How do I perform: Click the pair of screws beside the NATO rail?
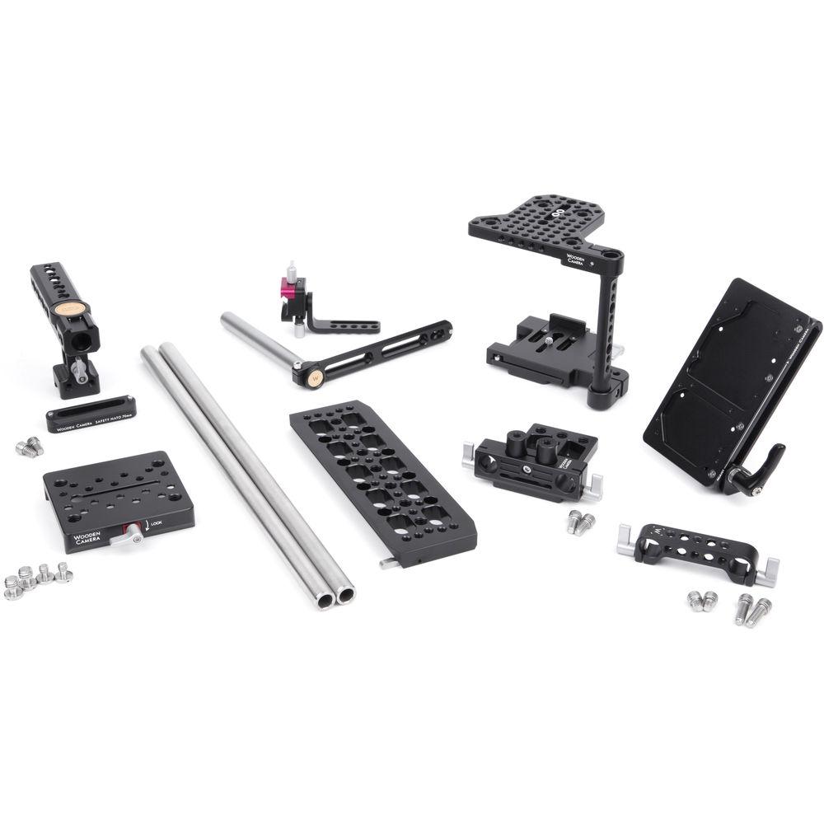[x=29, y=447]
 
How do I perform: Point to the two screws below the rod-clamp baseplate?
[x=580, y=522]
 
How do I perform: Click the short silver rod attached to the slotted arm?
[x=256, y=339]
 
